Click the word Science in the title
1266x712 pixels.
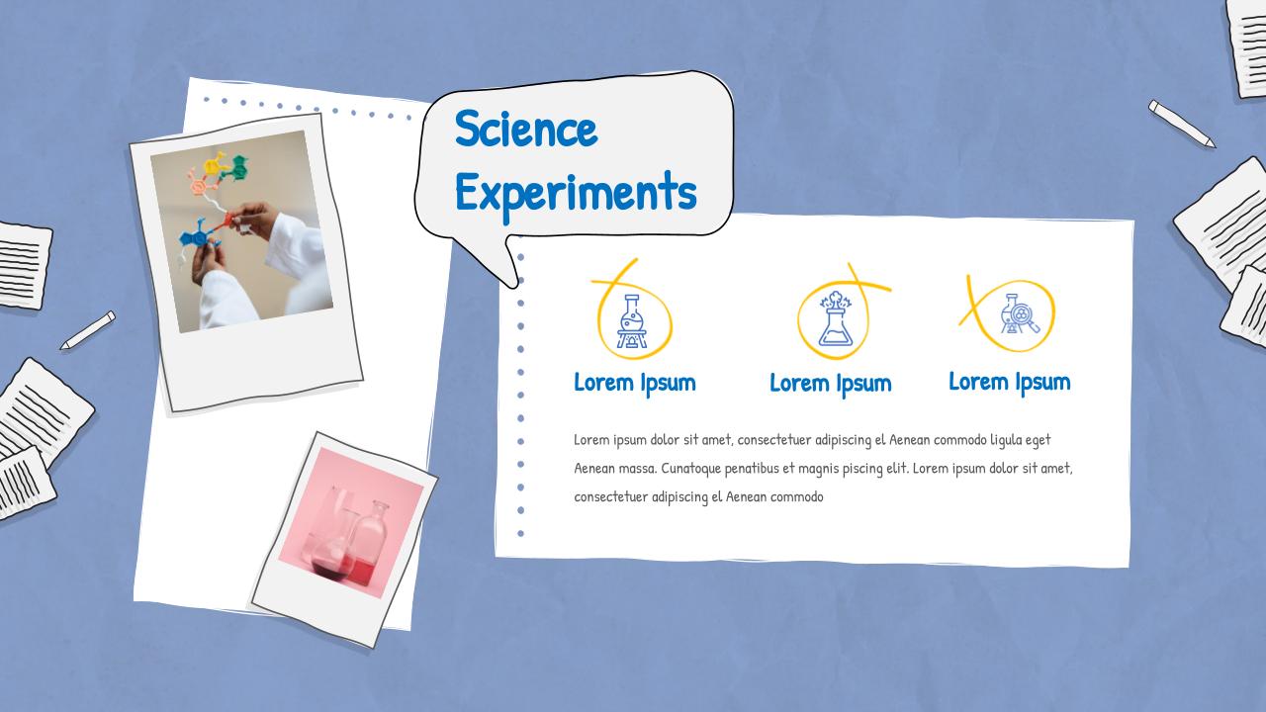coord(526,129)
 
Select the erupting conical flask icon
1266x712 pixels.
coord(836,318)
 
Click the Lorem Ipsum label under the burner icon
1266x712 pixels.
coord(635,384)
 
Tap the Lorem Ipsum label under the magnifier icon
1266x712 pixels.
coord(1010,383)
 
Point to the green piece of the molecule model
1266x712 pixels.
coord(236,168)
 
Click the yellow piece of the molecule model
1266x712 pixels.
coord(215,164)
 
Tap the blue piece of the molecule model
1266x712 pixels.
coord(195,235)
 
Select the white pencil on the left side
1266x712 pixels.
coord(88,330)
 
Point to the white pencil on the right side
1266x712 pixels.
coord(1181,124)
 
